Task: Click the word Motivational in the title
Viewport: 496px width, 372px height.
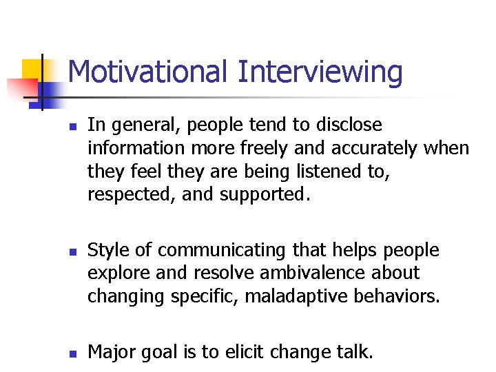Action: click(x=148, y=72)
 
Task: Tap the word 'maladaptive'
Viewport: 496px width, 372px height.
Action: click(x=305, y=296)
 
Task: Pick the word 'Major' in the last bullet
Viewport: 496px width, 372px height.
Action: click(x=112, y=353)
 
